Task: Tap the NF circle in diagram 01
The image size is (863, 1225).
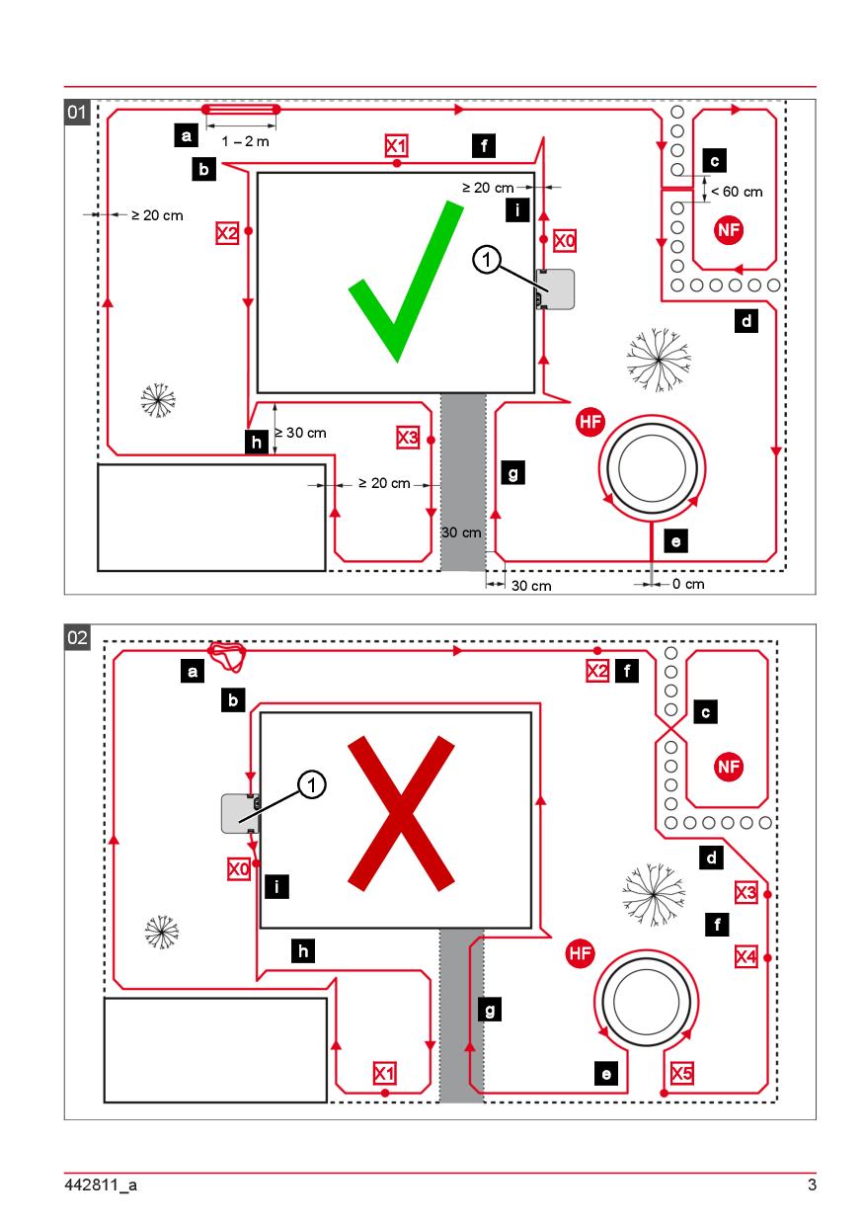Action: [729, 230]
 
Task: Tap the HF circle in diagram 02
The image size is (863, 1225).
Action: [580, 953]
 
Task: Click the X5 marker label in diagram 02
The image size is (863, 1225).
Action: [681, 1073]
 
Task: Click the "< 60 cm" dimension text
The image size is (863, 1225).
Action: [737, 192]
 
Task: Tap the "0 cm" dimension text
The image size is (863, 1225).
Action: [688, 585]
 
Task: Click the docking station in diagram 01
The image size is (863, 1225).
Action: [556, 288]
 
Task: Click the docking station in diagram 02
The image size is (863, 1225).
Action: [240, 812]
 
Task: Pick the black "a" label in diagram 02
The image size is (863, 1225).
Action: [194, 672]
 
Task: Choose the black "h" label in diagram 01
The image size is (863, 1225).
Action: [256, 444]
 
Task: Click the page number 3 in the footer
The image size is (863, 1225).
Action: [812, 1186]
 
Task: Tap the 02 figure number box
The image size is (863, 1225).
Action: [77, 638]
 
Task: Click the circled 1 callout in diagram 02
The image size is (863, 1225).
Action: [313, 784]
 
